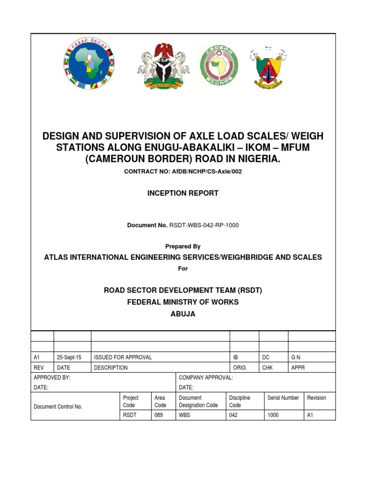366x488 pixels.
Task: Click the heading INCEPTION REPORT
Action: (183, 193)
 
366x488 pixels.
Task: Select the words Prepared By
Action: (183, 246)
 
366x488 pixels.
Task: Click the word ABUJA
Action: (183, 314)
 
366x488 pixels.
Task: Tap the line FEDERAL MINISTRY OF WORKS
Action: (183, 302)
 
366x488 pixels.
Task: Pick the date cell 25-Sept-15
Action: (69, 357)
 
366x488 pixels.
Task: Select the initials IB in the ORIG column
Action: (235, 357)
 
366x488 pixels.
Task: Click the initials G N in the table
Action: (296, 357)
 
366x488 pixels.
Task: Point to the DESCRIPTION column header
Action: (111, 367)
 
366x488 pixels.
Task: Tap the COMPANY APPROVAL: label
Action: (205, 377)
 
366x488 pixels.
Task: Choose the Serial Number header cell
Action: (283, 398)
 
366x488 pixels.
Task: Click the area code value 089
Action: (158, 415)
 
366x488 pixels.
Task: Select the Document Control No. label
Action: (58, 407)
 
